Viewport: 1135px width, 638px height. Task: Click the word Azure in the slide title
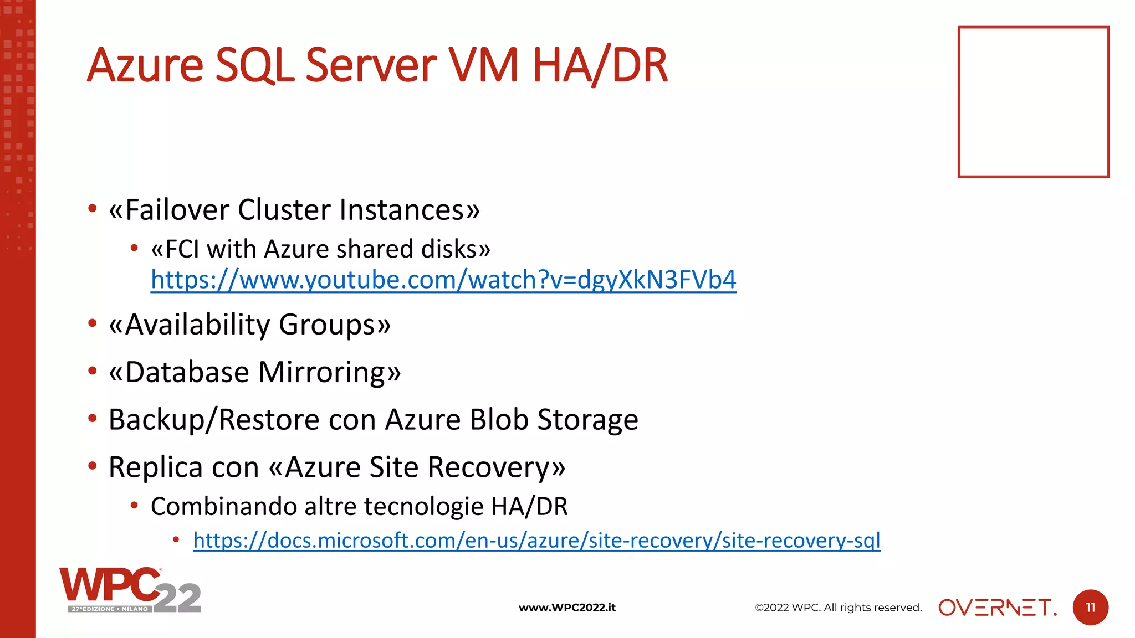145,65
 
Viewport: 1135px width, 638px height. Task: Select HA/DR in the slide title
600,65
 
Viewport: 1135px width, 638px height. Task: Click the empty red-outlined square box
1033,102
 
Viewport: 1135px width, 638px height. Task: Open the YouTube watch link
443,280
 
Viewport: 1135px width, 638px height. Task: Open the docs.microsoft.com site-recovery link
536,540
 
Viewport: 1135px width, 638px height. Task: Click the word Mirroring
324,372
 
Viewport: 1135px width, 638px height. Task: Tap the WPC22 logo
130,590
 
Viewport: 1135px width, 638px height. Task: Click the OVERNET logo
998,608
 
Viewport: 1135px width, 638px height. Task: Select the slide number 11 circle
1090,608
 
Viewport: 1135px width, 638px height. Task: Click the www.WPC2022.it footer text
567,608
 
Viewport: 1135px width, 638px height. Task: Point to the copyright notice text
838,608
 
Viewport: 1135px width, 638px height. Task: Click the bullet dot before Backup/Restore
93,418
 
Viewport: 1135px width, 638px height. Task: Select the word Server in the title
371,65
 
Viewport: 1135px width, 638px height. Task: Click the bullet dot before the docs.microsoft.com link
176,539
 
